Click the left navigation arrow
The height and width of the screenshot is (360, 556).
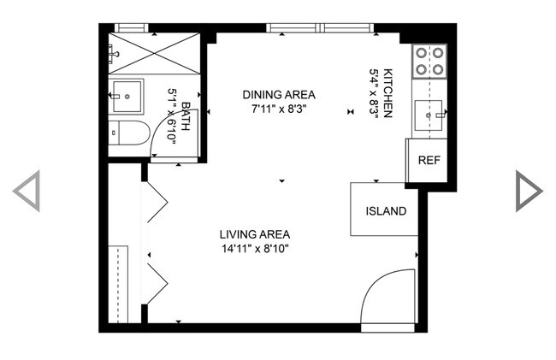pyautogui.click(x=27, y=191)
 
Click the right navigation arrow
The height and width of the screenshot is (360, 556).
pyautogui.click(x=528, y=191)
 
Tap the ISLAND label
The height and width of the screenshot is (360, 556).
pyautogui.click(x=385, y=211)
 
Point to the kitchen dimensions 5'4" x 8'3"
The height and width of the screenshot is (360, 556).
pyautogui.click(x=373, y=94)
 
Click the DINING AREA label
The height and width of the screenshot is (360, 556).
pyautogui.click(x=279, y=95)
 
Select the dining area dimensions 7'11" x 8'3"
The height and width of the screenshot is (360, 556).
pyautogui.click(x=279, y=109)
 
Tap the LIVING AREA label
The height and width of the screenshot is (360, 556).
pyautogui.click(x=254, y=234)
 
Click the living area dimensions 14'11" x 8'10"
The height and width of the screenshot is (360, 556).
pyautogui.click(x=254, y=249)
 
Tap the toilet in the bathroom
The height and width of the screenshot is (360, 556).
pyautogui.click(x=128, y=133)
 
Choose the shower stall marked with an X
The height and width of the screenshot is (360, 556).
pyautogui.click(x=154, y=54)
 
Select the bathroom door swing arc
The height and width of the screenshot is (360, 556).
pyautogui.click(x=175, y=137)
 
